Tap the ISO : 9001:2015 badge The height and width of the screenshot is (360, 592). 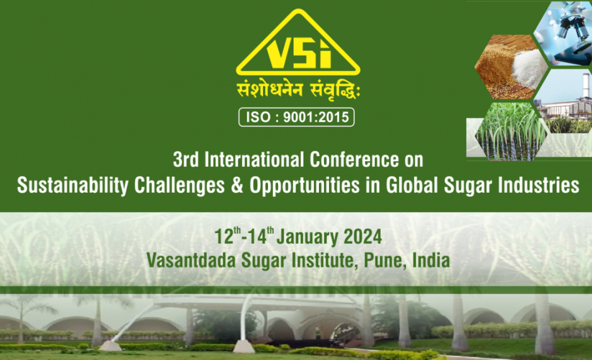point(297,117)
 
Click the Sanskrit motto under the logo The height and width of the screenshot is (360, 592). point(298,91)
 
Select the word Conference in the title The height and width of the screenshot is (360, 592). point(354,160)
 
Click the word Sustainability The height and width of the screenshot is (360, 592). point(73,186)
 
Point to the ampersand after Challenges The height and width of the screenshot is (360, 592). point(237,185)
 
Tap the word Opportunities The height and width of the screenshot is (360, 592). point(304,186)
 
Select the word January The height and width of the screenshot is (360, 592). point(307,238)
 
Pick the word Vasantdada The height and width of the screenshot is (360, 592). point(191,261)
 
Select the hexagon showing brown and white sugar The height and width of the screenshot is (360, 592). point(511,67)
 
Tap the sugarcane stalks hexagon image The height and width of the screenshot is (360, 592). point(511,132)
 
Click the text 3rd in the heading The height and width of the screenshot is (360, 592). point(186,160)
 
